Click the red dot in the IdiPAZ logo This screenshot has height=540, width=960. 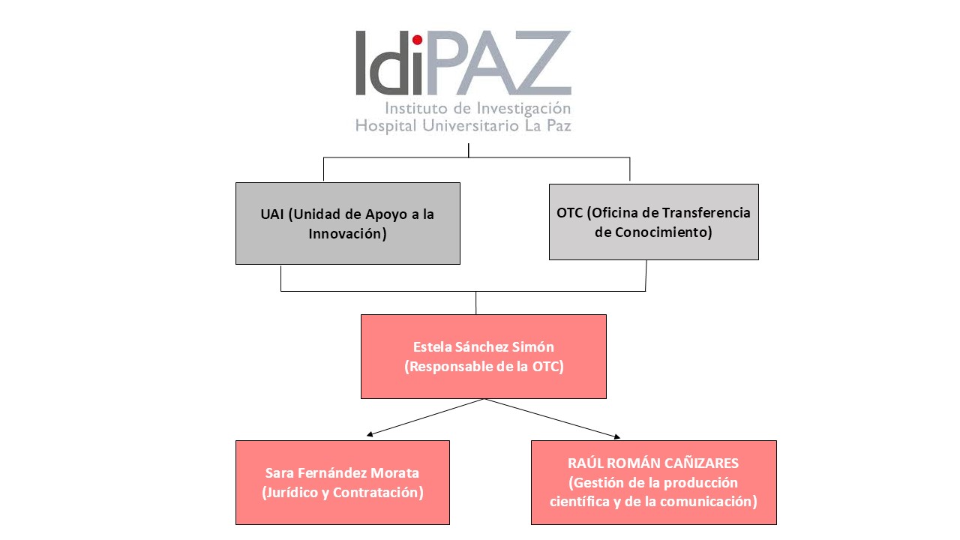(x=417, y=40)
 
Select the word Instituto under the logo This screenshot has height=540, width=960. (x=415, y=108)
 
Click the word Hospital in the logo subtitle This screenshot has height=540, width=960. (x=385, y=126)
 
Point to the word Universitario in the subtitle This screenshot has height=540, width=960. (x=470, y=125)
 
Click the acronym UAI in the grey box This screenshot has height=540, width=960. (x=272, y=214)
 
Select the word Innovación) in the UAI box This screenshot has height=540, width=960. (x=347, y=233)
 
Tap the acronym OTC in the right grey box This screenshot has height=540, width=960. (x=569, y=212)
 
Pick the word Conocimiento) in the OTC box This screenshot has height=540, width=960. (x=664, y=232)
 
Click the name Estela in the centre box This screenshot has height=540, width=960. (x=432, y=346)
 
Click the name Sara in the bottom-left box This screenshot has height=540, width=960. (x=280, y=472)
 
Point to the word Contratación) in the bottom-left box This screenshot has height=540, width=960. (x=379, y=493)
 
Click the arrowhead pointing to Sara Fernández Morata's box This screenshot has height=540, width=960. (x=370, y=434)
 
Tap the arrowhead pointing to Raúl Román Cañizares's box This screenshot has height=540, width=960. (x=617, y=436)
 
